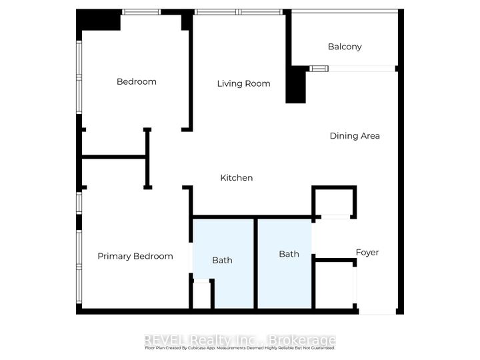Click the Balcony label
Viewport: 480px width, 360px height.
point(345,47)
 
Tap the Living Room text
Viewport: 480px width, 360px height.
point(243,83)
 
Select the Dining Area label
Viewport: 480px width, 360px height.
point(355,136)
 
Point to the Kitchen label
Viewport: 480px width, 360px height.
point(237,178)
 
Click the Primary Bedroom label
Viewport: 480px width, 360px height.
point(135,256)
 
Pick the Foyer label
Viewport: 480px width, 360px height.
point(367,253)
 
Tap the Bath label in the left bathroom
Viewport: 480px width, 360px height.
point(222,260)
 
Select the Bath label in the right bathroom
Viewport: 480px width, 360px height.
point(289,254)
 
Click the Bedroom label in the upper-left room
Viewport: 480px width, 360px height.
point(136,82)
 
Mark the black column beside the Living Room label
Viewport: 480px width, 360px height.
point(295,85)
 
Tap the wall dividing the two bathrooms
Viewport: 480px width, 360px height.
point(255,263)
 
